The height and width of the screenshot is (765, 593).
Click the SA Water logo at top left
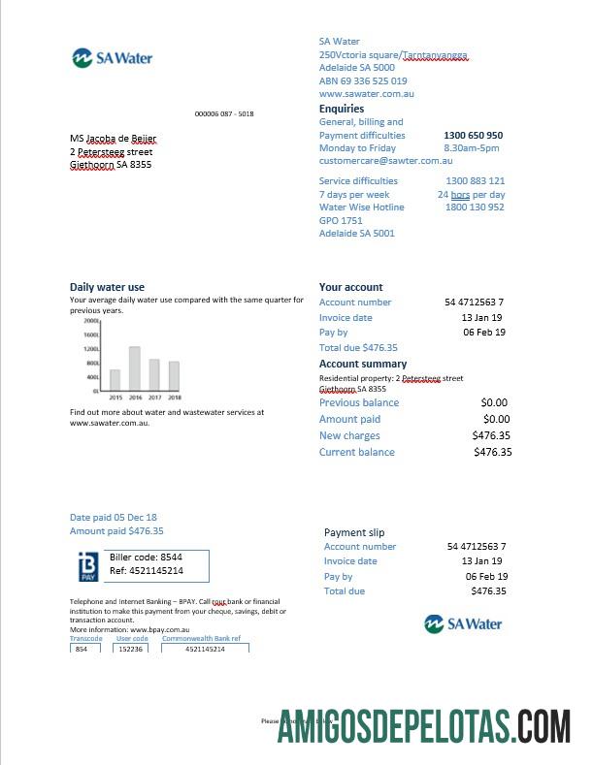coord(112,58)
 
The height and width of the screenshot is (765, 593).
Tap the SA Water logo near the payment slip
coord(464,623)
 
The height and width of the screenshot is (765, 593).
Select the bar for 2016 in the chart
coord(134,368)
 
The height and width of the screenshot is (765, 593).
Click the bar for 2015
coord(115,379)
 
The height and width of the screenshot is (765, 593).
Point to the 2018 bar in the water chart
coord(174,375)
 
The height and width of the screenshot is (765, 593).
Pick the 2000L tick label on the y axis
coord(91,321)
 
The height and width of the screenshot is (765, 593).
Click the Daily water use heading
coord(107,287)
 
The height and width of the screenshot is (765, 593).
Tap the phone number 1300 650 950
coord(473,136)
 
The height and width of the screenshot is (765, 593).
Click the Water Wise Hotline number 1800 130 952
coord(475,207)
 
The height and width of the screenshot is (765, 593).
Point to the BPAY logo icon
coord(87,565)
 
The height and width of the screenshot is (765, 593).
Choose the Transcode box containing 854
coord(84,649)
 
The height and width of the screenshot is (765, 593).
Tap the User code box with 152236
coord(130,649)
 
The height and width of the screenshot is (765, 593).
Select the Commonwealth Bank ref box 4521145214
coord(205,649)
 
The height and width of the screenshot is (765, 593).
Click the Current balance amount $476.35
coord(492,452)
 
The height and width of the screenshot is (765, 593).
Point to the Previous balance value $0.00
coord(494,402)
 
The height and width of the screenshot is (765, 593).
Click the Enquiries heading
coord(342,109)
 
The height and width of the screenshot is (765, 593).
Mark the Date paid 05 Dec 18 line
coord(114,518)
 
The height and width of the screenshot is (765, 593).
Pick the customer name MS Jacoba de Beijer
coord(113,140)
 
